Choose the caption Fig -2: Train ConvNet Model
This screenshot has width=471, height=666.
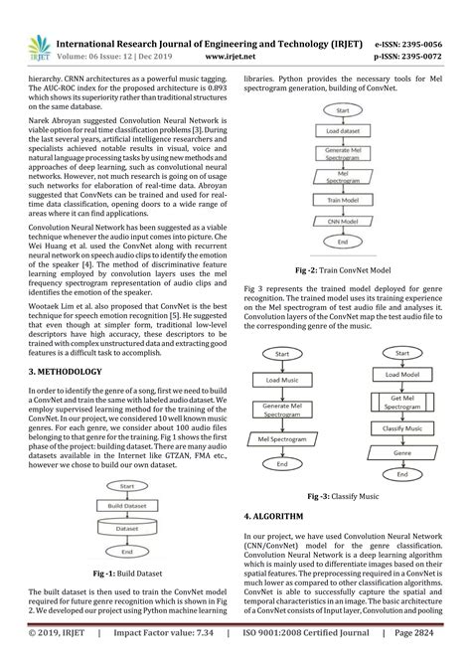coord(340,269)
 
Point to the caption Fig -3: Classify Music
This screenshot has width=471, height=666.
coord(340,495)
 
